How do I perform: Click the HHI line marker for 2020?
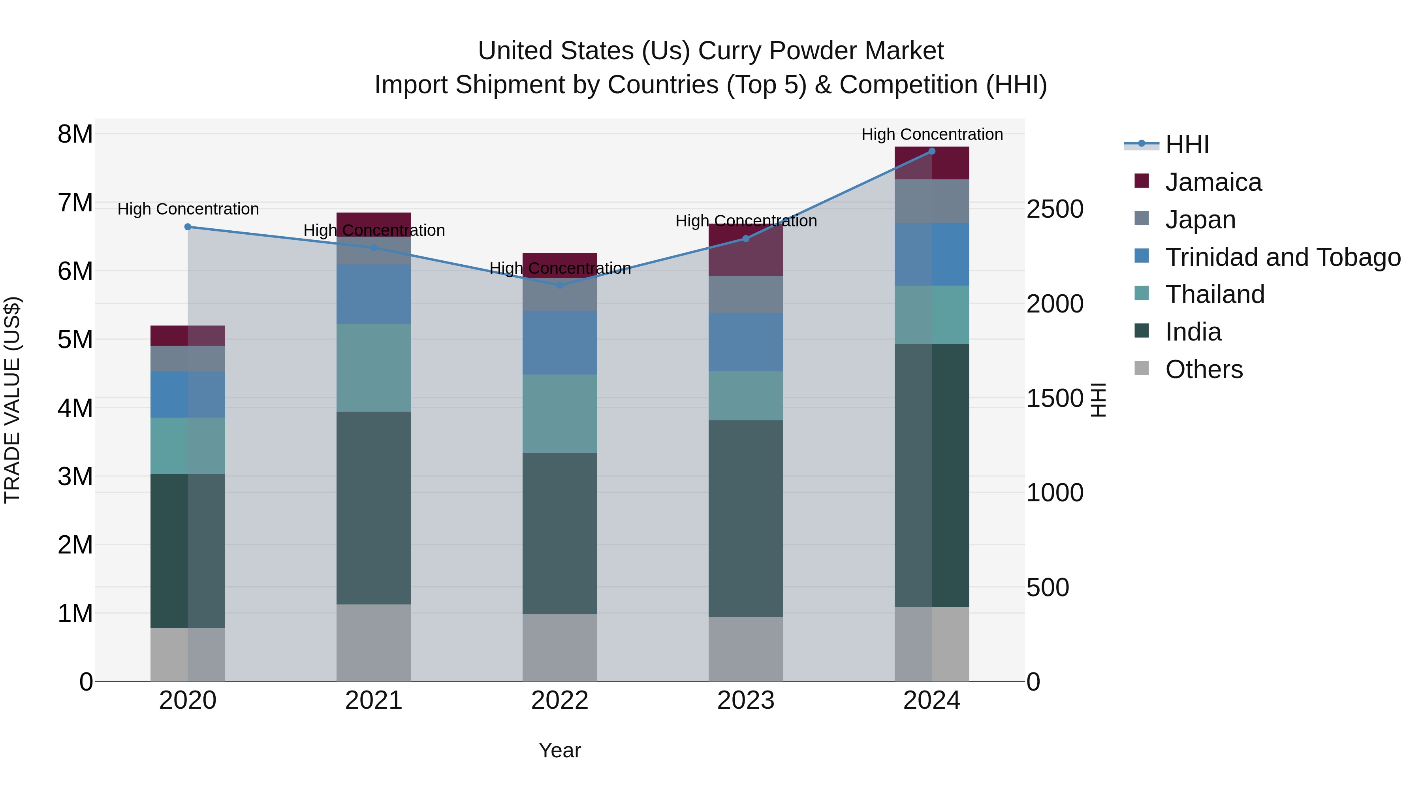pos(188,227)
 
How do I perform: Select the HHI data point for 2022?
pos(560,286)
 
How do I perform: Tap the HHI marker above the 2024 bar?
pos(932,151)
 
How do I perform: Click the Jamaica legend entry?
pos(1213,182)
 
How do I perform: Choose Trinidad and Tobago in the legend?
pos(1282,257)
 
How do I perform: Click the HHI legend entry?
pos(1187,145)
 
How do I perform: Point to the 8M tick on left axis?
pos(75,134)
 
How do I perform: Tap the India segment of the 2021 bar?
pos(374,508)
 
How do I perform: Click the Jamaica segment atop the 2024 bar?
pos(932,164)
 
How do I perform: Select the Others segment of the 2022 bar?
pos(560,648)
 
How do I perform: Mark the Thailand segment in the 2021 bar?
pos(374,368)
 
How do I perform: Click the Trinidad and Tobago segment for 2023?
pos(745,342)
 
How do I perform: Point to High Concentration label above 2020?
pos(188,209)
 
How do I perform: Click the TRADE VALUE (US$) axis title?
pos(12,400)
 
